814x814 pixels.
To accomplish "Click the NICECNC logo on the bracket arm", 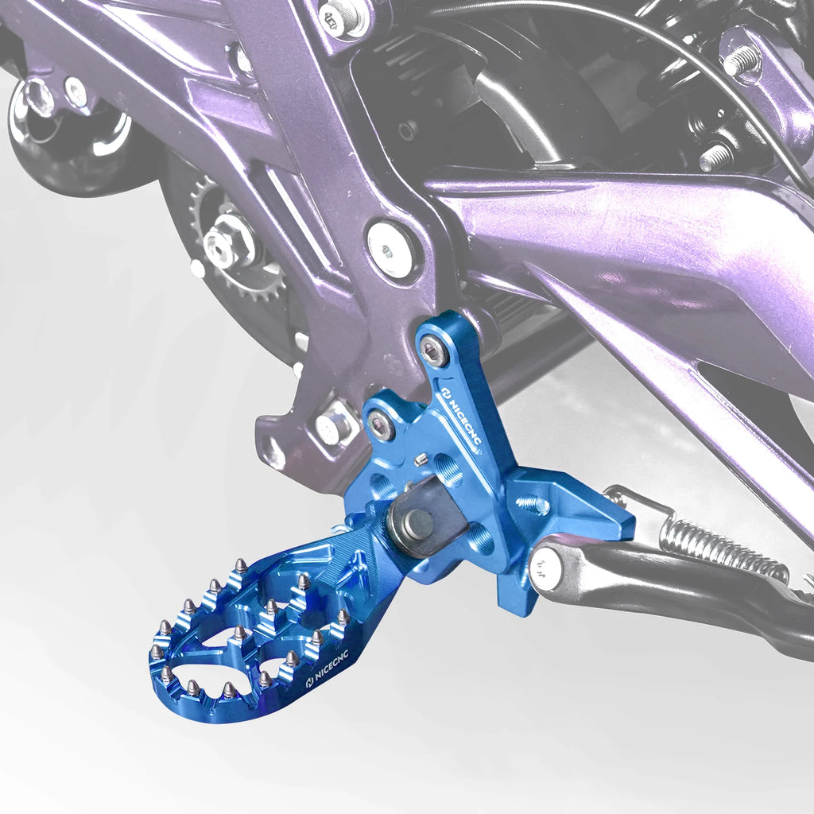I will coord(461,416).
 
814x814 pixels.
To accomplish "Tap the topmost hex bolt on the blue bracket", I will coord(434,351).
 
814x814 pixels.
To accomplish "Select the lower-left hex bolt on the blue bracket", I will coord(382,427).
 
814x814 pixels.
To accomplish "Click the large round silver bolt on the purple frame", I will coord(390,249).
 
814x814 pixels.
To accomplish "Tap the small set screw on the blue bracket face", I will coord(423,459).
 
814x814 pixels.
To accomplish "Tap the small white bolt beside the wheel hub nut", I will coord(76,92).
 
